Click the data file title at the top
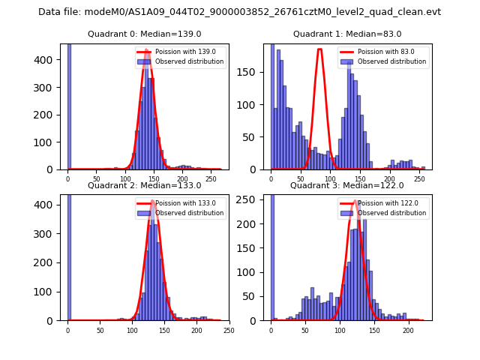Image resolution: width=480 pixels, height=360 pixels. (239, 12)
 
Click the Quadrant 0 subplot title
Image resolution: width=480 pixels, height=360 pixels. (144, 34)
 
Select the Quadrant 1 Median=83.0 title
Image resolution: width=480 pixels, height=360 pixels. (347, 34)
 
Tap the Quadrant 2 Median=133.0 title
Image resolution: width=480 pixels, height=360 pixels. (144, 185)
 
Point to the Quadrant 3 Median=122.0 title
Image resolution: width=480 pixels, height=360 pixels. (347, 185)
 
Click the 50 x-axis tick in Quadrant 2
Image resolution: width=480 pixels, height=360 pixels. (100, 330)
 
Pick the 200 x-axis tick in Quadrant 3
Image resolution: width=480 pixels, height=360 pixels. (408, 330)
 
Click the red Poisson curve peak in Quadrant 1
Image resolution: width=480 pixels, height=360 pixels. (319, 50)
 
